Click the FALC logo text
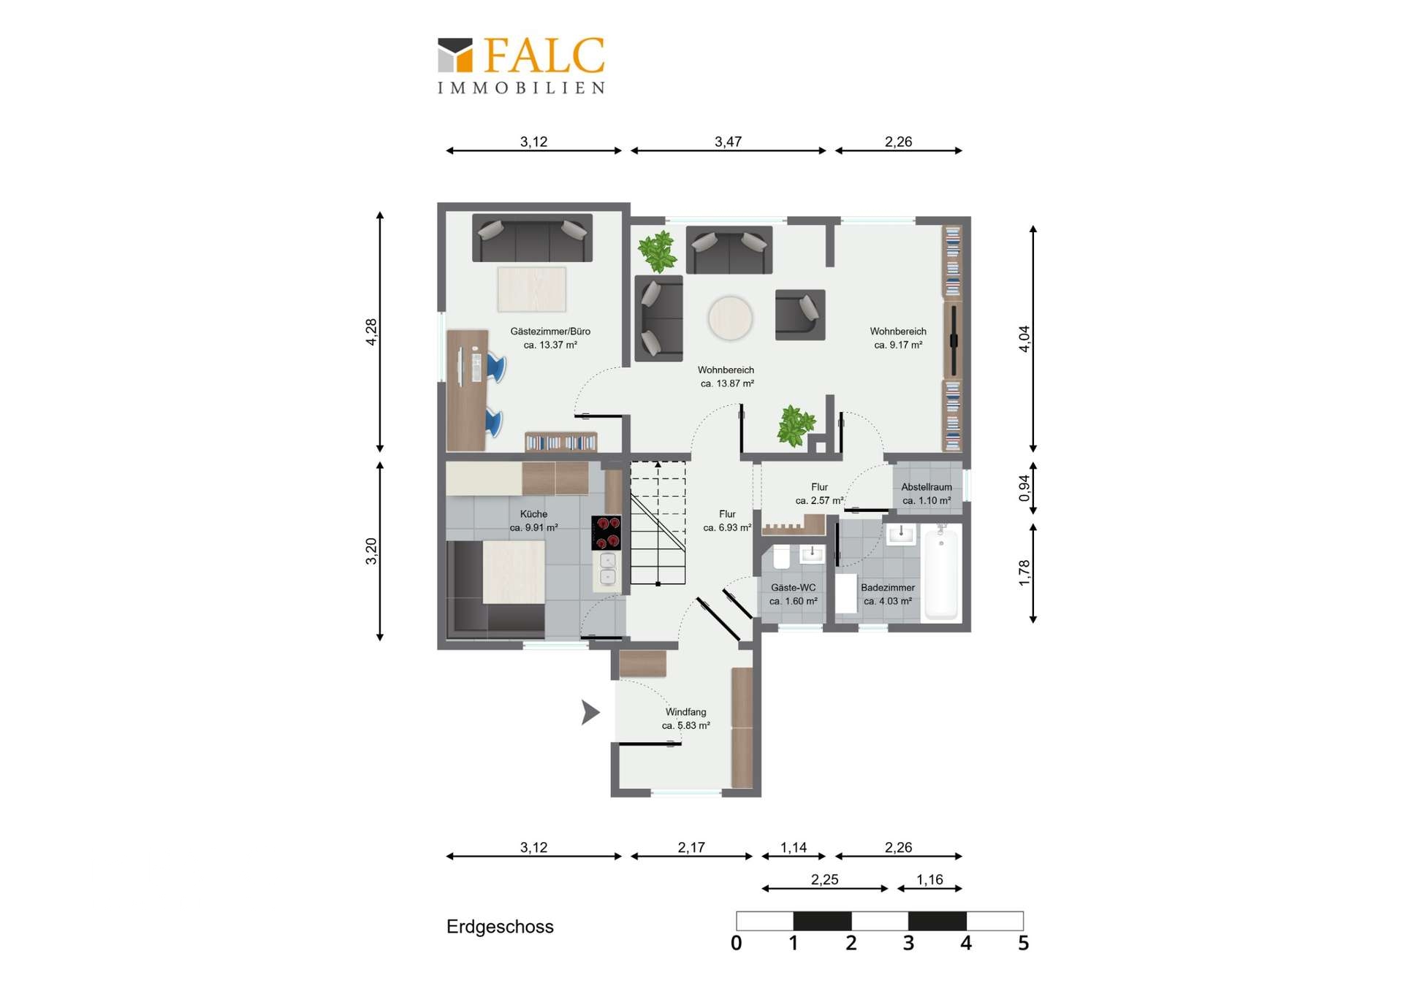pos(544,56)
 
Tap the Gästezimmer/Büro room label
pos(550,332)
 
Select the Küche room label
pos(533,514)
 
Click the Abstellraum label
pos(927,487)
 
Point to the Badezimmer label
pos(888,588)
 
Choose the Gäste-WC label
pos(794,588)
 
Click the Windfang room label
pos(685,712)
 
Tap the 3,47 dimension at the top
pos(728,142)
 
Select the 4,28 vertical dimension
pos(371,332)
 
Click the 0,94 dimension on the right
pos(1024,489)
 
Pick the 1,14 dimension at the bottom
pos(794,847)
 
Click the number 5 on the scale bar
pos(1023,943)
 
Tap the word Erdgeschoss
pos(500,927)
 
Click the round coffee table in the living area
pos(730,318)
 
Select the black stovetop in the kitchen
pos(607,532)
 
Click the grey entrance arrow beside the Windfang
pos(590,712)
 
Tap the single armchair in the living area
pos(800,315)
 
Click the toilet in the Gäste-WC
pos(781,556)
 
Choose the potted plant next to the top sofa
pos(657,251)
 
